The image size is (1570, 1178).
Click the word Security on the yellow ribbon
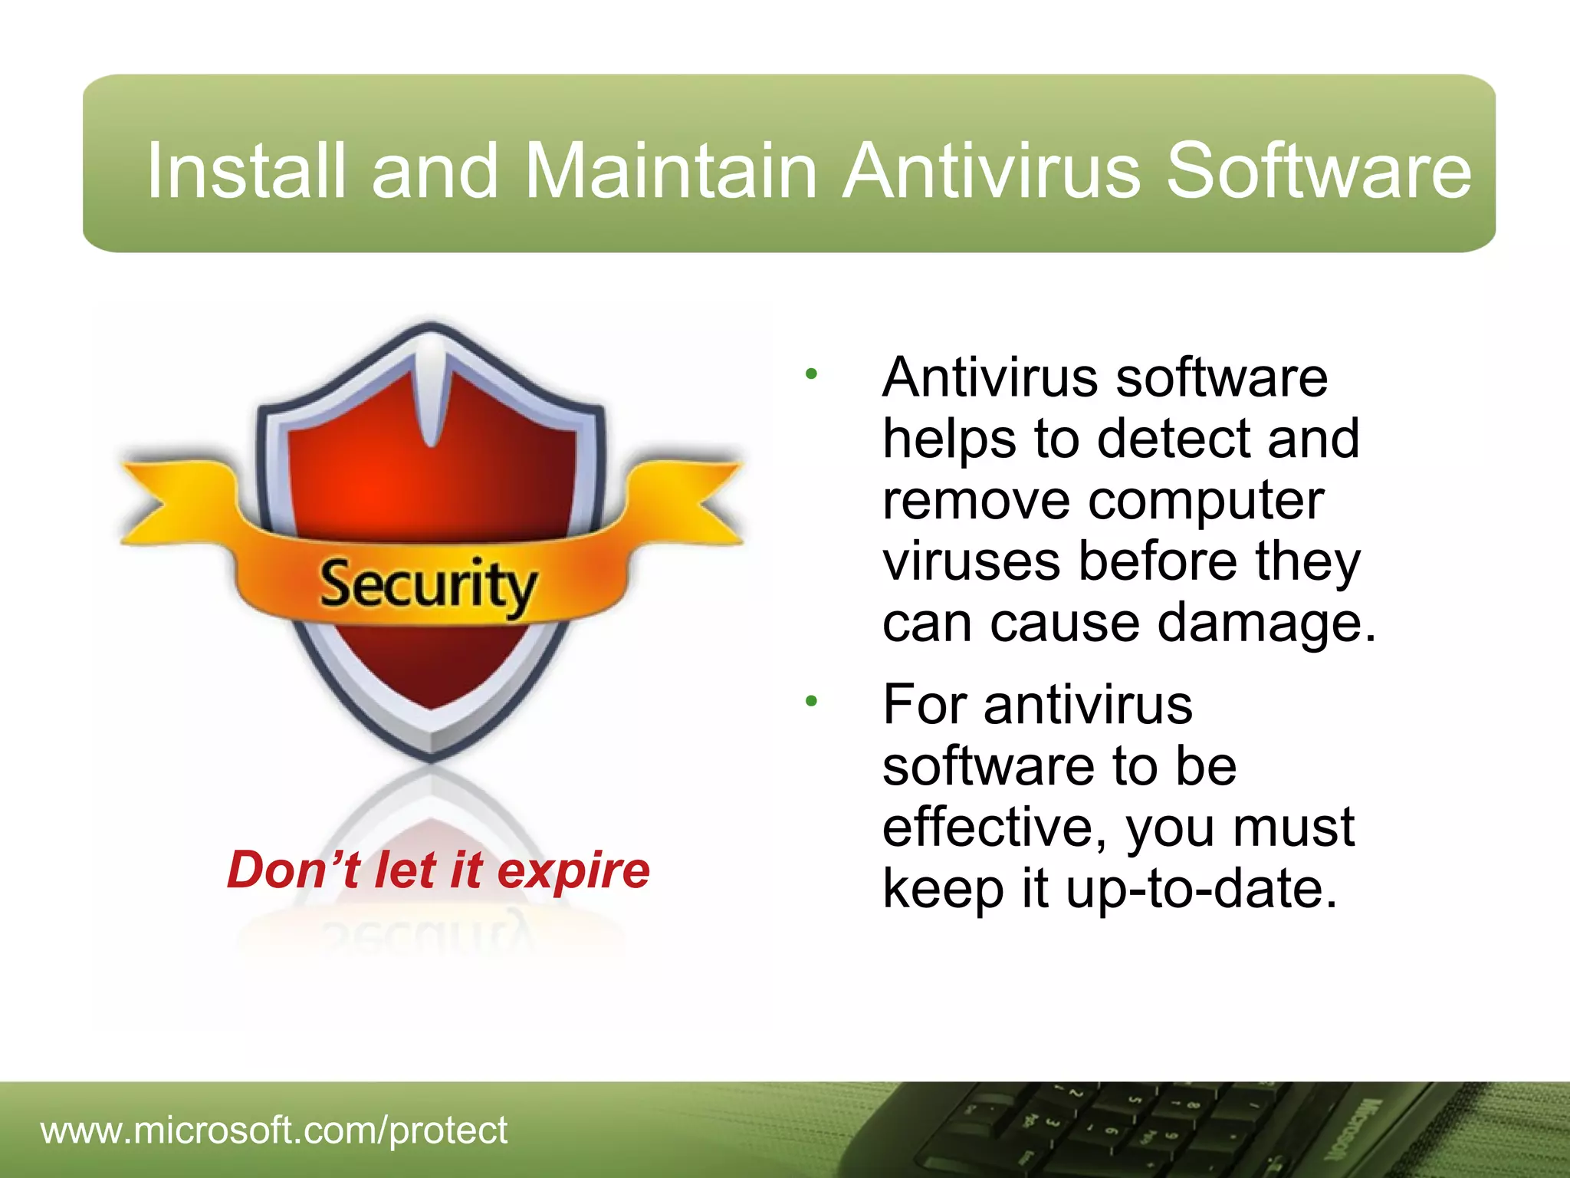(427, 585)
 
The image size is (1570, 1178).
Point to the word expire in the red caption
(573, 870)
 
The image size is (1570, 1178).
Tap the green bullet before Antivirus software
(812, 375)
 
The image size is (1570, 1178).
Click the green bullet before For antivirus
(812, 701)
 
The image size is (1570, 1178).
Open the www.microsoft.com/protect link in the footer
(274, 1130)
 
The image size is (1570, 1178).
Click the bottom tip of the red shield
(431, 702)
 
